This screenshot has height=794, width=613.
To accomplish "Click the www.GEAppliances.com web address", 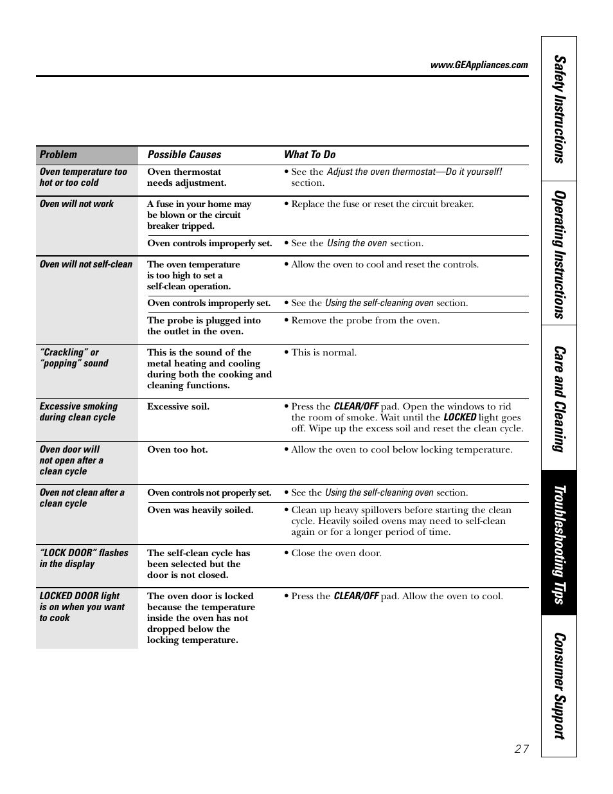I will pos(479,65).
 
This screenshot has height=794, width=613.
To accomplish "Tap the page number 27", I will pos(521,748).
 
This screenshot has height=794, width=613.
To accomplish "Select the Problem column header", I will pos(58,155).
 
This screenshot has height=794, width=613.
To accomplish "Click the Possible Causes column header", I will pos(184,155).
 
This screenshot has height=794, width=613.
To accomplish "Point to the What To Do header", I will pos(310,155).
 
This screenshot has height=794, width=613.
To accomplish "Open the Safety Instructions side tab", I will pos(559,109).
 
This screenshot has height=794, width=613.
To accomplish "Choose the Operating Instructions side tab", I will pos(559,253).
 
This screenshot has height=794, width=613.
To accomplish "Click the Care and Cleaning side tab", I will pos(559,398).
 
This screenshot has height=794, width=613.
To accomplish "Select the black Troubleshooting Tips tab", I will pos(559,543).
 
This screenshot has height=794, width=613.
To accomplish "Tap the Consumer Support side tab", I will pos(559,685).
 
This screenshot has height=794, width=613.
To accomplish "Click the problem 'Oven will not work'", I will pos(76,204).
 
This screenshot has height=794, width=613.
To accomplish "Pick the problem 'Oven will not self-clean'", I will pos(85,264).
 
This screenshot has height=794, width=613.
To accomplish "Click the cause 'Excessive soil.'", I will pos(178,406).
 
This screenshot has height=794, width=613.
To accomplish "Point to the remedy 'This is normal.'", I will pos(324,352).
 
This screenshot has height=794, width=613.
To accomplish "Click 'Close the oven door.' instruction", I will pos(336,553).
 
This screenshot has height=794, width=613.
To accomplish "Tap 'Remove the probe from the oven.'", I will pos(365,320).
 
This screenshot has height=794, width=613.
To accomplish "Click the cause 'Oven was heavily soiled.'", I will pos(200,510).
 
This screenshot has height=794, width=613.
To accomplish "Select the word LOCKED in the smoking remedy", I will pos(460,417).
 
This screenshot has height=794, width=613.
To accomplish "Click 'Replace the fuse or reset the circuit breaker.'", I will pos(382,204).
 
